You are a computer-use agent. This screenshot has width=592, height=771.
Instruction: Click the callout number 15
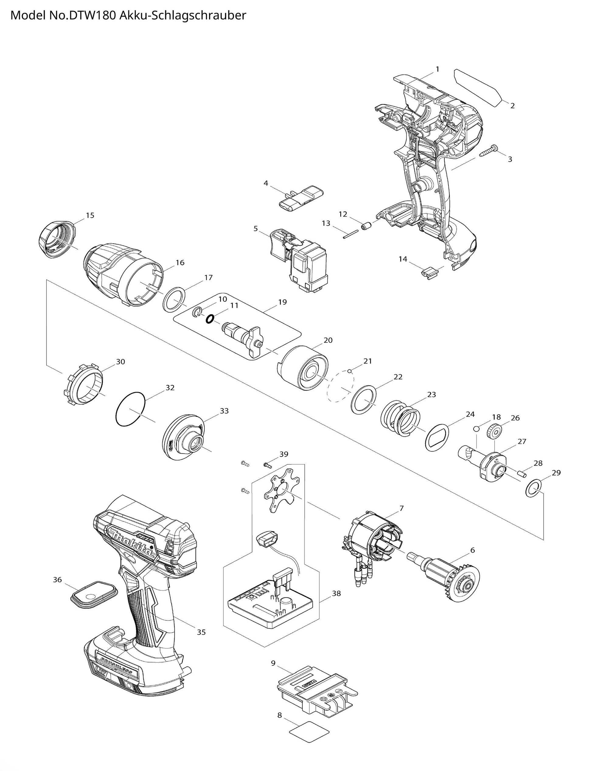(x=90, y=215)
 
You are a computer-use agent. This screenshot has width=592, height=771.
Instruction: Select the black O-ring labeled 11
(x=209, y=319)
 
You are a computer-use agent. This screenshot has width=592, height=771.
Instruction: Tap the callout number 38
(x=336, y=593)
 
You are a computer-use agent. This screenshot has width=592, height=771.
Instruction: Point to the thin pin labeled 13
(x=351, y=234)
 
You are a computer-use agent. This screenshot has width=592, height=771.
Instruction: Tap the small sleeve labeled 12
(x=368, y=225)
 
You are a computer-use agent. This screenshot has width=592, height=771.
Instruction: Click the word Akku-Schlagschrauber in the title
(x=183, y=16)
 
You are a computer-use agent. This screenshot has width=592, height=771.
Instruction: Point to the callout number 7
(x=401, y=508)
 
